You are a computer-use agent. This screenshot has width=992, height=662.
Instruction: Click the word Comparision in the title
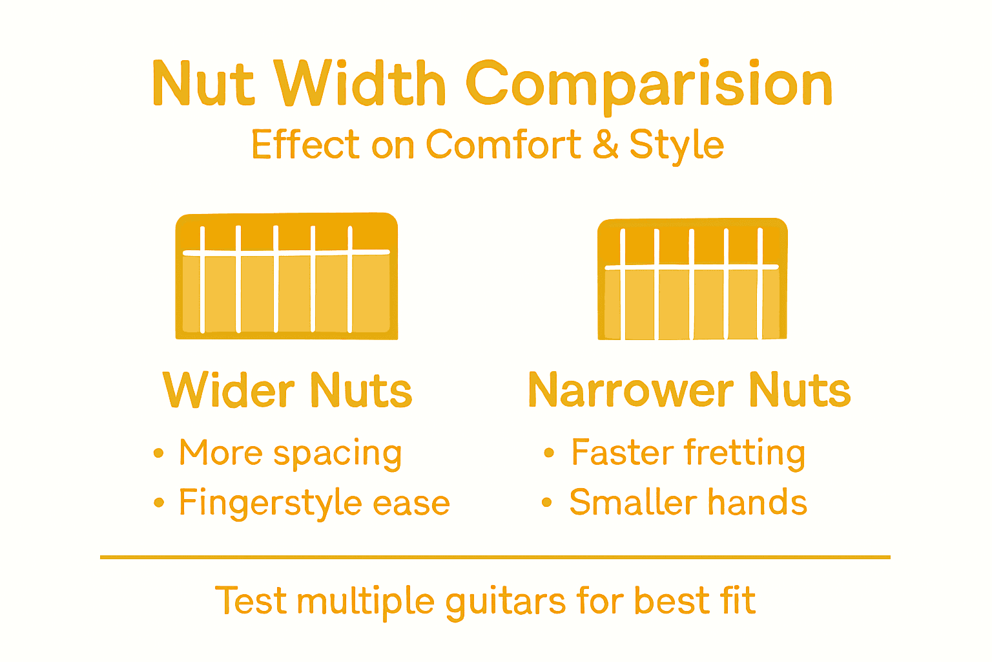click(648, 85)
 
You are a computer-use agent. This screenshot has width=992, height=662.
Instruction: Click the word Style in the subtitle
click(676, 145)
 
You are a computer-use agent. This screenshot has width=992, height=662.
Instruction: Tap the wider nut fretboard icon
click(286, 276)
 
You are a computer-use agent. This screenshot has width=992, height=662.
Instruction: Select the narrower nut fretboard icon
click(692, 279)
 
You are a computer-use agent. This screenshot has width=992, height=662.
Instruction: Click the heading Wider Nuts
click(287, 390)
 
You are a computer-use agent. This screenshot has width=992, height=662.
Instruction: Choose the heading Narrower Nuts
click(689, 390)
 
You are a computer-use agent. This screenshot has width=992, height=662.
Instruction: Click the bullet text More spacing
click(291, 453)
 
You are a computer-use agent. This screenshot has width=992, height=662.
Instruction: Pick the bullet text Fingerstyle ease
click(314, 503)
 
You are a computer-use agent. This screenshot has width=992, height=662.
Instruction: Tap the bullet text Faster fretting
click(688, 453)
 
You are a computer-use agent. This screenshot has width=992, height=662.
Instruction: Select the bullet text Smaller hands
click(688, 502)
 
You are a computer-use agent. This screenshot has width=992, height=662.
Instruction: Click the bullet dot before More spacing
click(159, 453)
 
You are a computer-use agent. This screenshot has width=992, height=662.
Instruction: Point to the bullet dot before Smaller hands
click(547, 502)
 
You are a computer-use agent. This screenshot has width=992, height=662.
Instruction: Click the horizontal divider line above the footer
click(495, 557)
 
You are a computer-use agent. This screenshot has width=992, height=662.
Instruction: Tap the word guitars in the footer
click(507, 601)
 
